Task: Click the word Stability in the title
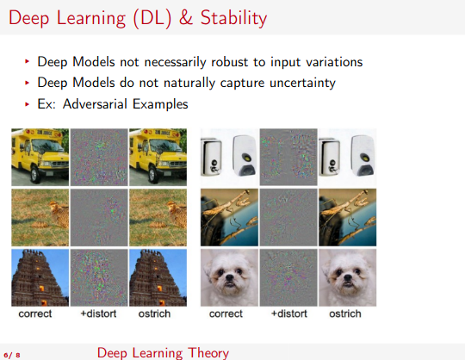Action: pyautogui.click(x=233, y=18)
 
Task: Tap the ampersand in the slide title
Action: pyautogui.click(x=186, y=17)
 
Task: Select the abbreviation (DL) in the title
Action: pyautogui.click(x=152, y=18)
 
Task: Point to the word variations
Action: pyautogui.click(x=334, y=62)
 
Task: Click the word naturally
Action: pyautogui.click(x=189, y=83)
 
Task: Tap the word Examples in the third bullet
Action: pyautogui.click(x=160, y=104)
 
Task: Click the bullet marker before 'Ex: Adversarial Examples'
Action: pyautogui.click(x=27, y=104)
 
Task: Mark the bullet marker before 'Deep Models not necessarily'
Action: pyautogui.click(x=27, y=61)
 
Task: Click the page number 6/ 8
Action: pyautogui.click(x=12, y=355)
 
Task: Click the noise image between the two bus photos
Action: pyautogui.click(x=99, y=157)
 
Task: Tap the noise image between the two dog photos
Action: pyautogui.click(x=288, y=277)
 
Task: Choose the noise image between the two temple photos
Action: pyautogui.click(x=99, y=277)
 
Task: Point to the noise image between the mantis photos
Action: pyautogui.click(x=288, y=217)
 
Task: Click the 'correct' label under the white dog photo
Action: pyautogui.click(x=226, y=313)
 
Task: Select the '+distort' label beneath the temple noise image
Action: pyautogui.click(x=98, y=313)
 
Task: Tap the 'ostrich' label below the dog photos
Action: pyautogui.click(x=345, y=313)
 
